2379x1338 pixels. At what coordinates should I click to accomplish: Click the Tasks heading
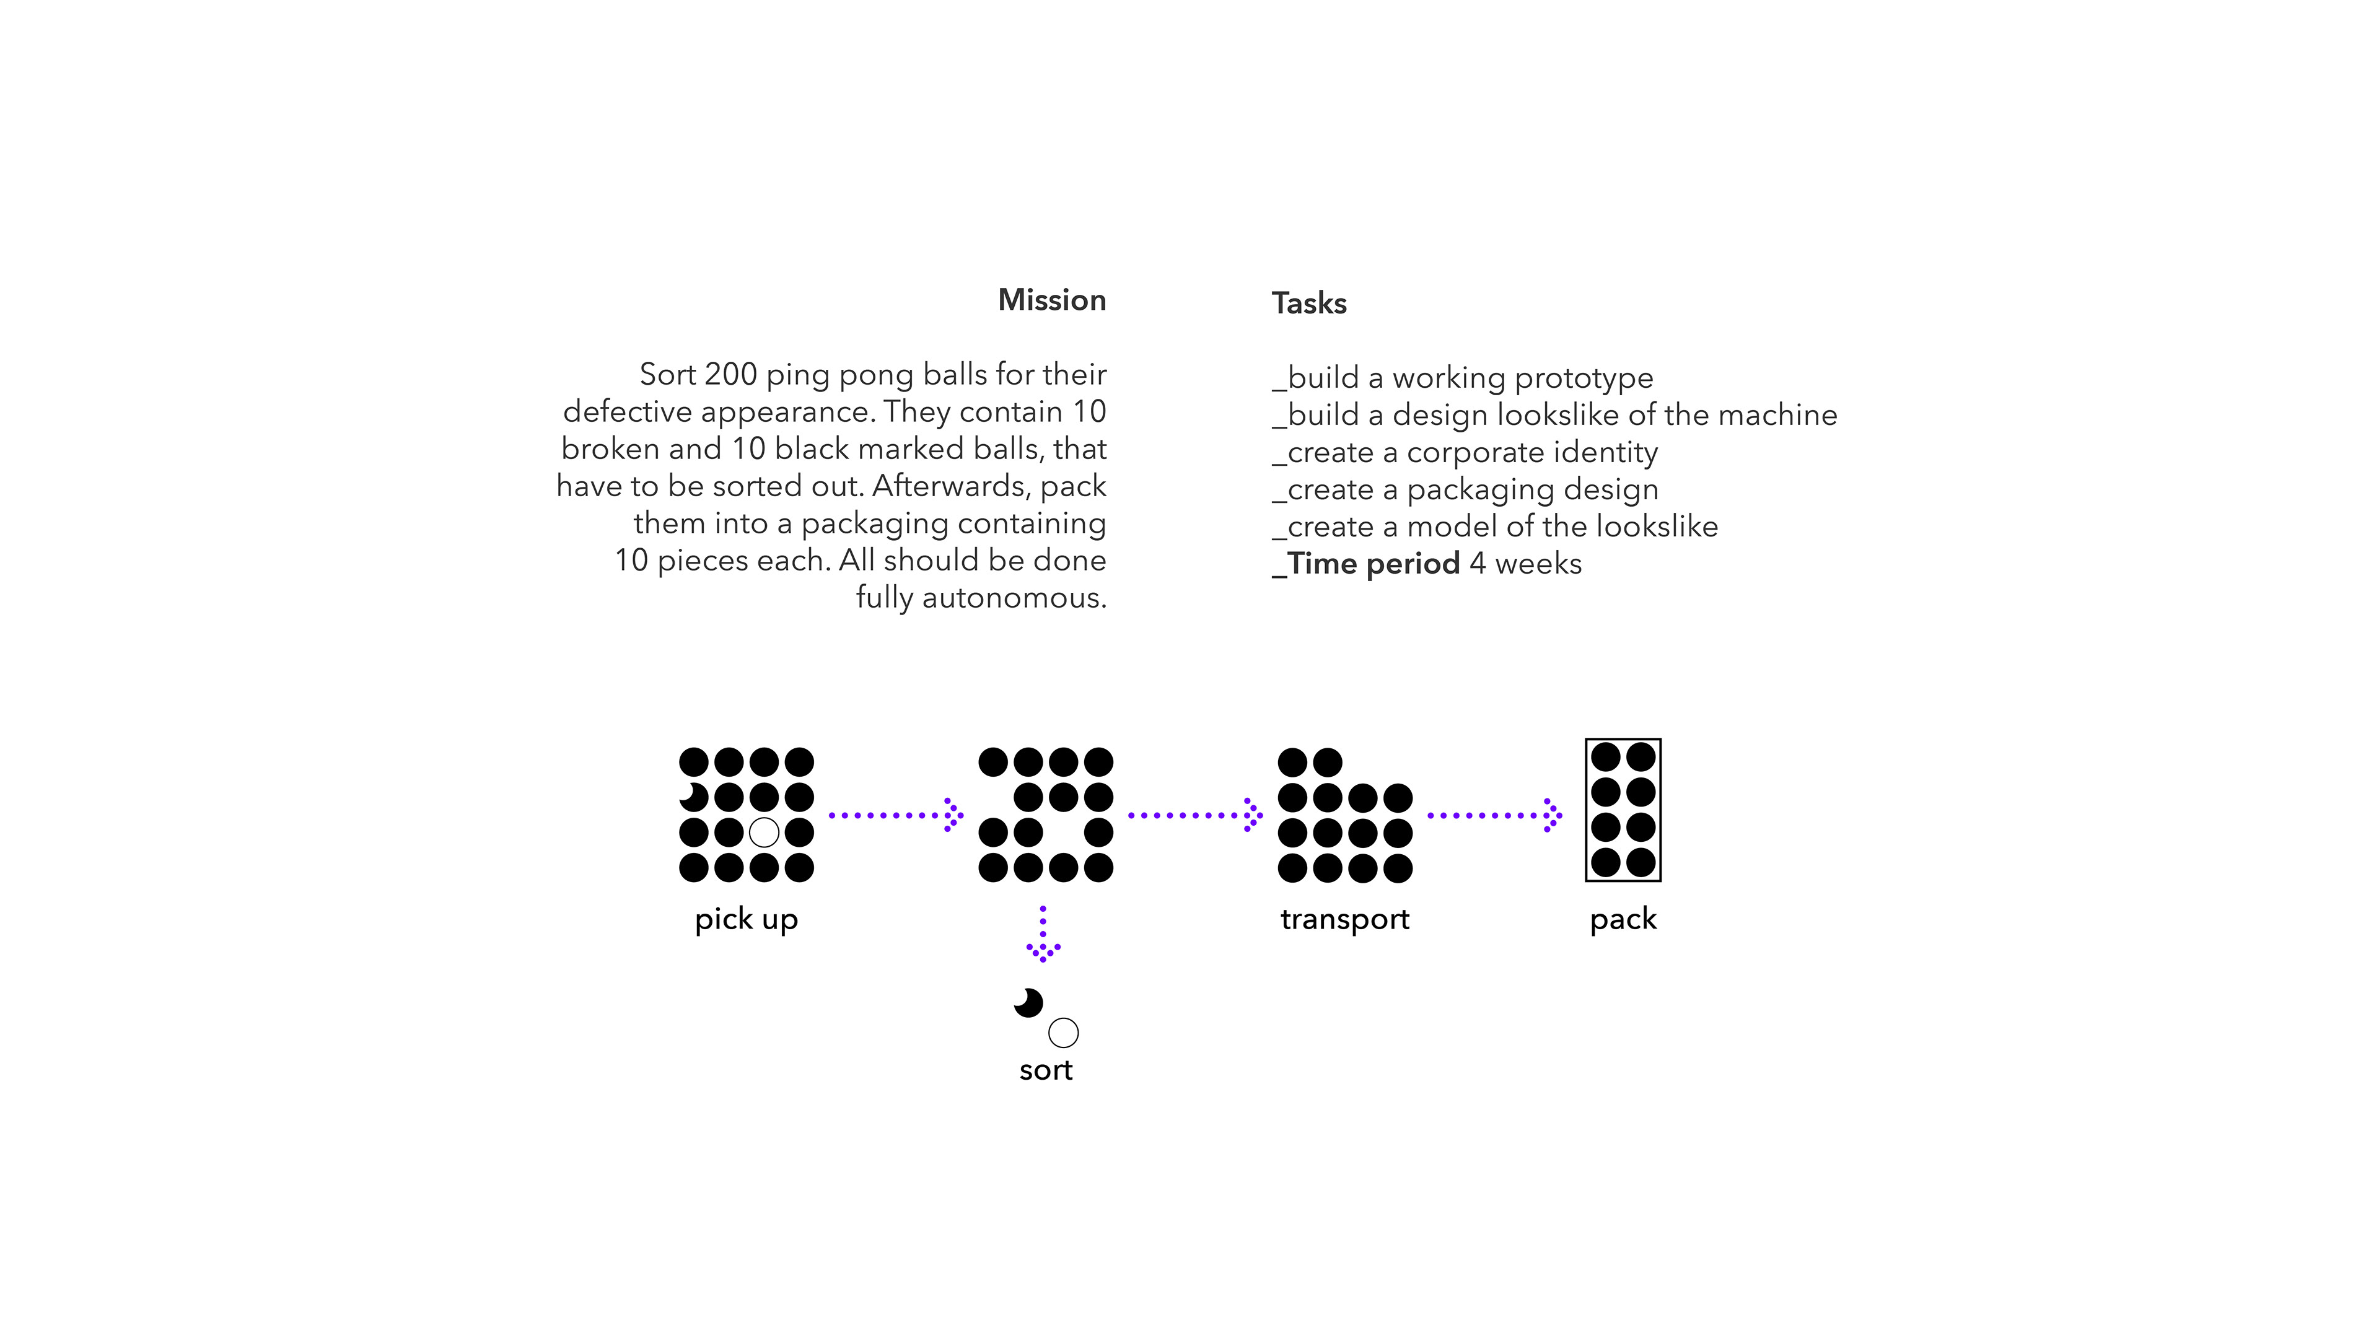(1308, 304)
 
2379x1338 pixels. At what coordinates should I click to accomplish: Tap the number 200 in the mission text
(730, 375)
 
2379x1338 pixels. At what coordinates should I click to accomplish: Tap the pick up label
(746, 920)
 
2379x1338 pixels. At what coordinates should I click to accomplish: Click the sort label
(1045, 1070)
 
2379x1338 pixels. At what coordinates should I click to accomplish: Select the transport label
(1344, 920)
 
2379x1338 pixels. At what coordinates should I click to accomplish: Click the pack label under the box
(1623, 920)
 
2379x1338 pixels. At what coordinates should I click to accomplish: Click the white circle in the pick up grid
(764, 832)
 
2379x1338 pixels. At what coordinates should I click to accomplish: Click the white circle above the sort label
(1063, 1033)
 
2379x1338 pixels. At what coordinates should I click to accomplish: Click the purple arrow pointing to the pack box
(1494, 815)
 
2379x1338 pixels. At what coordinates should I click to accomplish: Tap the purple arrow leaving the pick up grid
(896, 815)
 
